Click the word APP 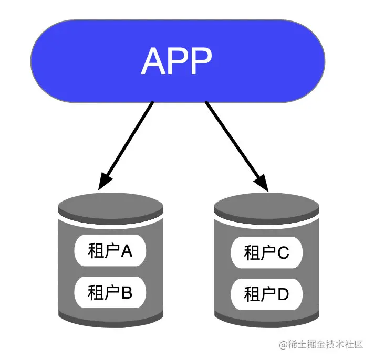tap(177, 61)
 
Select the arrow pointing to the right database tap(234, 142)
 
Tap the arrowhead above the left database tap(106, 181)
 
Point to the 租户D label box tap(266, 294)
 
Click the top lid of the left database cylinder tap(110, 206)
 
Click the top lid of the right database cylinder tap(266, 208)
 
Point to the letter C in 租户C tap(283, 253)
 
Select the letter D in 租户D tap(283, 294)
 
